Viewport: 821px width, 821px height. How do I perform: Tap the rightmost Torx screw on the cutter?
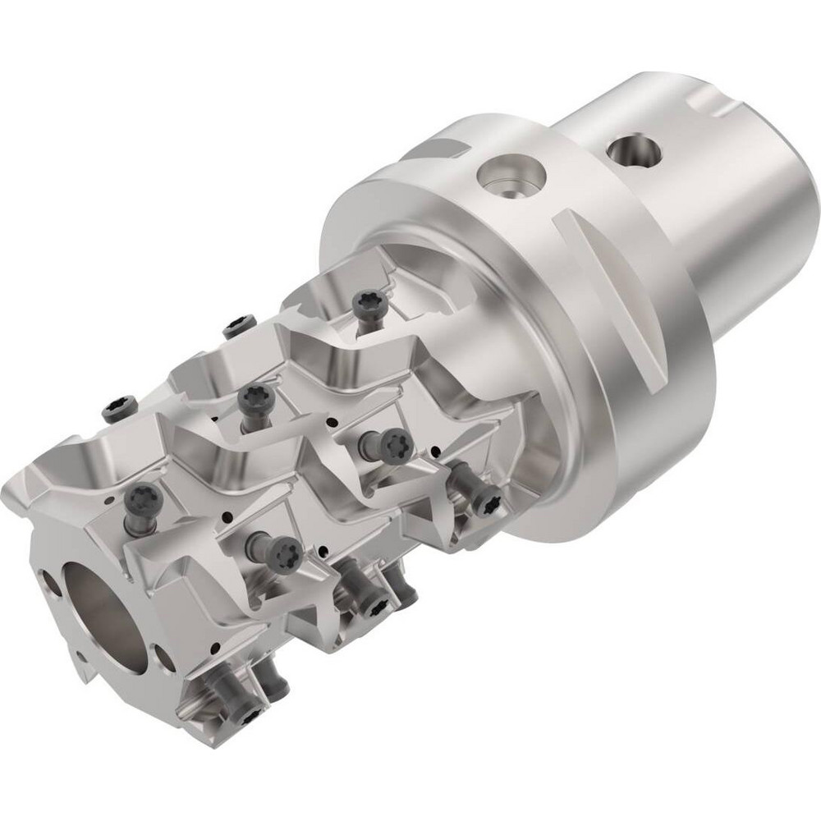click(489, 500)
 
